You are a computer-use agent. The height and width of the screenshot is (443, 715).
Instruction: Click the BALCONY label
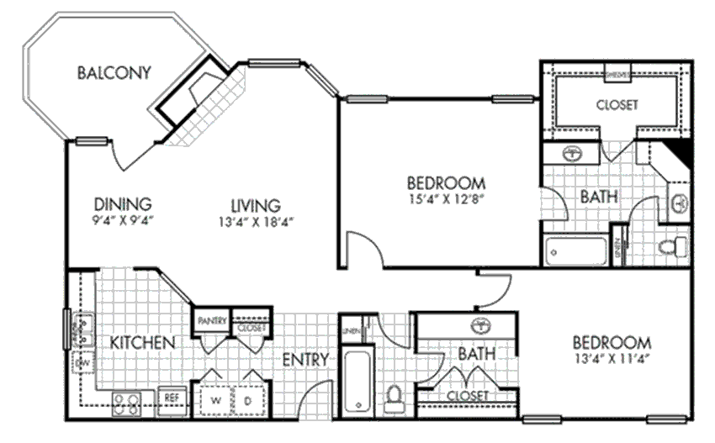pyautogui.click(x=114, y=72)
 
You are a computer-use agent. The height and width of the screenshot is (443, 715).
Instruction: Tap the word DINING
pyautogui.click(x=122, y=204)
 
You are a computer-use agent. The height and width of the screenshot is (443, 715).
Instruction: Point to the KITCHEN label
pyautogui.click(x=142, y=342)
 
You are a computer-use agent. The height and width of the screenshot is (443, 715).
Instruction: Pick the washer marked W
pyautogui.click(x=215, y=400)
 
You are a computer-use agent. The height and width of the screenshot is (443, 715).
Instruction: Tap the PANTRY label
pyautogui.click(x=209, y=321)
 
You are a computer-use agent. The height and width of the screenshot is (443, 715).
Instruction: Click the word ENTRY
pyautogui.click(x=305, y=360)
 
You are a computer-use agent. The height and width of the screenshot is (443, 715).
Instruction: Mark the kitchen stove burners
pyautogui.click(x=128, y=404)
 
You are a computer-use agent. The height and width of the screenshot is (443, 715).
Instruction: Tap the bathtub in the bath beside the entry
pyautogui.click(x=357, y=383)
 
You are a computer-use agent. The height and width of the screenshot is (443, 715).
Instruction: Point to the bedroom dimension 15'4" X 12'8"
pyautogui.click(x=446, y=200)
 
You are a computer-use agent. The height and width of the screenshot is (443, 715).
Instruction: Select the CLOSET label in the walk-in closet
pyautogui.click(x=617, y=105)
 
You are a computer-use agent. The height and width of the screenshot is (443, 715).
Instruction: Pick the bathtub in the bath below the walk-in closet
pyautogui.click(x=575, y=251)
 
